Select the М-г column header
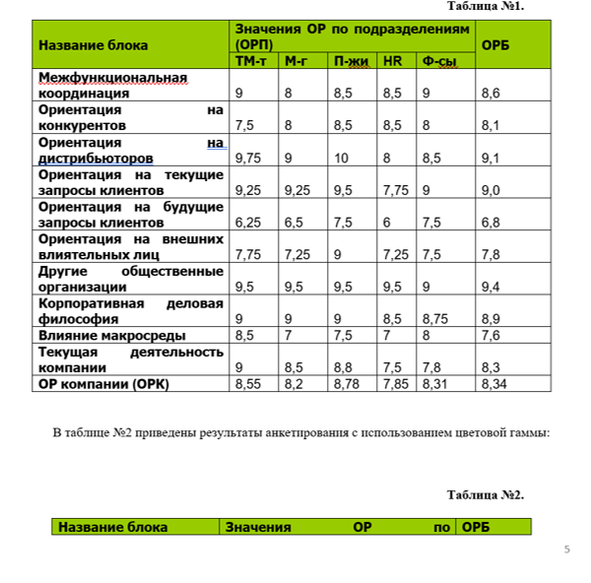point(295,61)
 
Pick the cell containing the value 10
point(342,157)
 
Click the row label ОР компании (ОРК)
point(103,384)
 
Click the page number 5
point(566,549)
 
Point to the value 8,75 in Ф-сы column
point(434,319)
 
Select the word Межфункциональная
point(111,77)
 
